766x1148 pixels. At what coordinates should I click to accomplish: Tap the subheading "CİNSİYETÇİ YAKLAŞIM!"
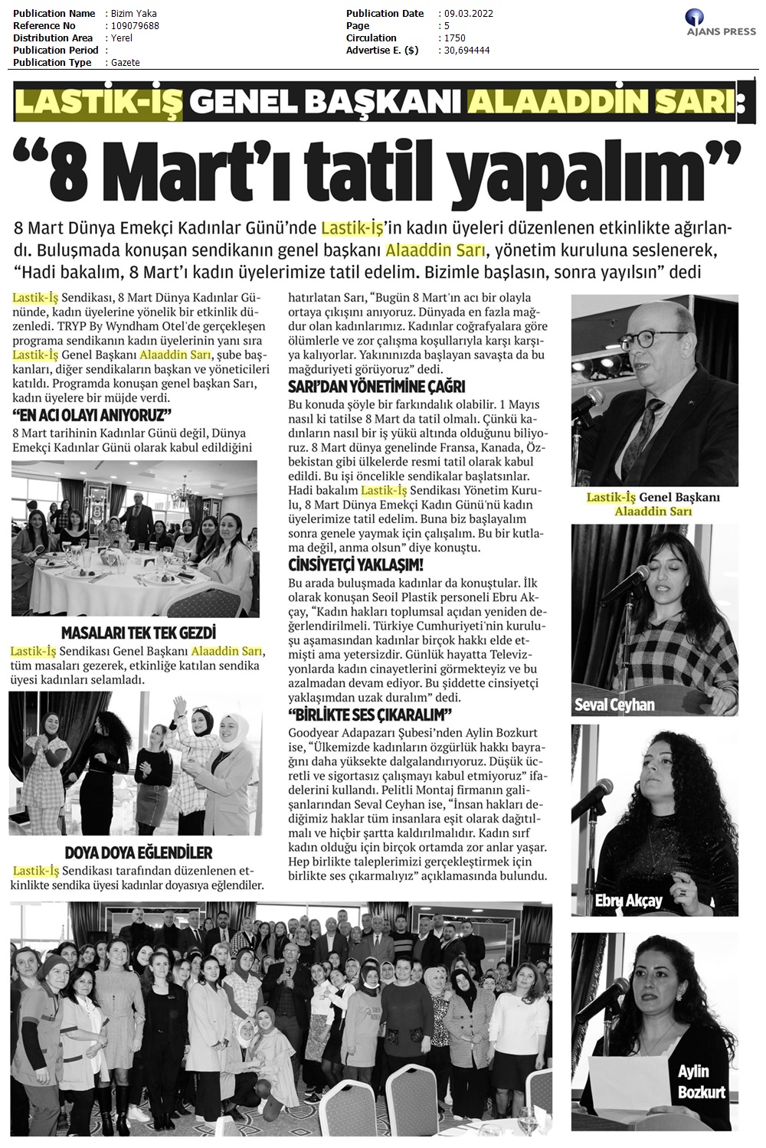[x=355, y=565]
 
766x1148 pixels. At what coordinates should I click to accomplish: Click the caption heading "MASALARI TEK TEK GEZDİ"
[x=138, y=633]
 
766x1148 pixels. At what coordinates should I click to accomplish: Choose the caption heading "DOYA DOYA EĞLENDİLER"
[x=139, y=852]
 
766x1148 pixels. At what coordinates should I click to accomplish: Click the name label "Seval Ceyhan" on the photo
[x=615, y=704]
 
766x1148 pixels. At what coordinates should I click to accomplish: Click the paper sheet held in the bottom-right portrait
[x=630, y=1091]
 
